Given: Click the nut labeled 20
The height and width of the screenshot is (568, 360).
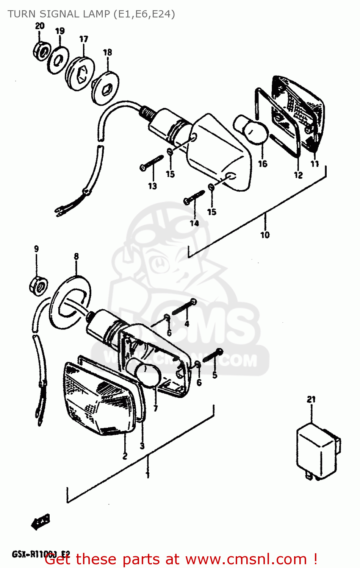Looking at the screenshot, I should tap(42, 50).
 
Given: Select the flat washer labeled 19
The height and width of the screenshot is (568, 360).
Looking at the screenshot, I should tap(58, 60).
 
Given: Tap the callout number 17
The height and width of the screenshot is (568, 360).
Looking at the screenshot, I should tap(83, 39).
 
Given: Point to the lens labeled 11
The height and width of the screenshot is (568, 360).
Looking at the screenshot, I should tap(303, 114).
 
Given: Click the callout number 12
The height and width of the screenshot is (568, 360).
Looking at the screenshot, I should tap(298, 175).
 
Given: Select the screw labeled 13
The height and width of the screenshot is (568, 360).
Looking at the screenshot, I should tap(151, 163).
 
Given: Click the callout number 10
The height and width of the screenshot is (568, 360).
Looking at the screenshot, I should tap(265, 235).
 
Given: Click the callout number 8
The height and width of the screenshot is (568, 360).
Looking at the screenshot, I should tap(76, 256).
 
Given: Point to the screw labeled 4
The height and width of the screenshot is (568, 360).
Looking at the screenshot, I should tap(184, 307).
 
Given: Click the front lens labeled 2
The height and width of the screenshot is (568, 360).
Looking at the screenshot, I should tap(99, 398).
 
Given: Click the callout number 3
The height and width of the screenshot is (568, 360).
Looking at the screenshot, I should tap(142, 446).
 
